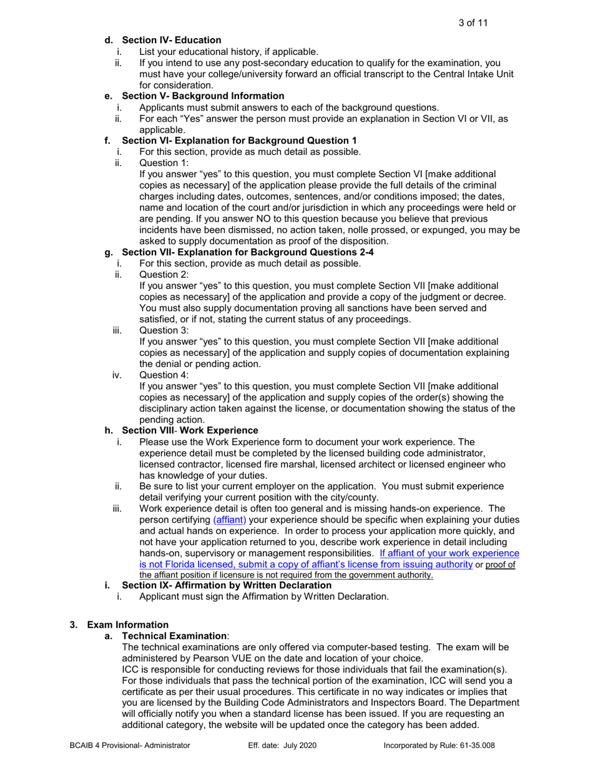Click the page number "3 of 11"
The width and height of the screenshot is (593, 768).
click(473, 23)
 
